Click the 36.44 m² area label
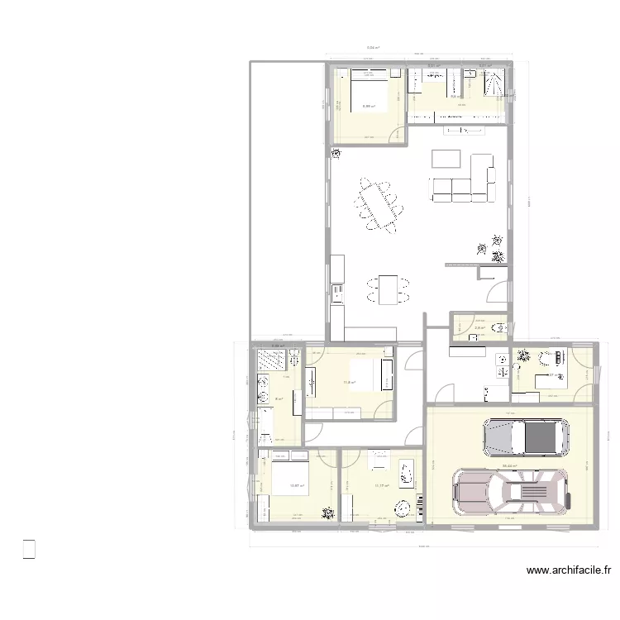point(509,466)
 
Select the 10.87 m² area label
point(296,486)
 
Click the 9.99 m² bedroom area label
point(369,106)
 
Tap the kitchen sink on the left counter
point(336,291)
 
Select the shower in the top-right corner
point(494,82)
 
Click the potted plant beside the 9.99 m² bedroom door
point(336,154)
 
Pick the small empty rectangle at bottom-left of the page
point(29,549)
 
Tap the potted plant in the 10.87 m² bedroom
point(328,513)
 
